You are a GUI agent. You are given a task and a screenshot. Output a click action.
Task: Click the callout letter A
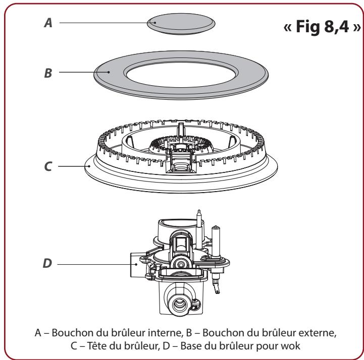(x=48, y=22)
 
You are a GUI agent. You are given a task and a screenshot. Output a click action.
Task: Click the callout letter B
(x=48, y=72)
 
